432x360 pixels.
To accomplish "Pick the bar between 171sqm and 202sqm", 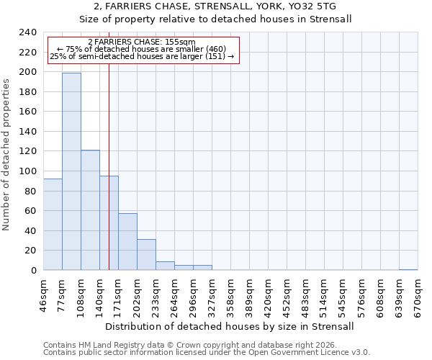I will tap(127, 242).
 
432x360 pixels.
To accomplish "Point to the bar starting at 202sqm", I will tap(146, 255).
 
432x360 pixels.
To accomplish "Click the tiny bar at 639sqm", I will tap(408, 269).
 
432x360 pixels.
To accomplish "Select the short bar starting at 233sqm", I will tap(165, 266).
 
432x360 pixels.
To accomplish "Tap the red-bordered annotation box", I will tap(143, 50).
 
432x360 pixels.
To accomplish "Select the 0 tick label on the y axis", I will tap(34, 271).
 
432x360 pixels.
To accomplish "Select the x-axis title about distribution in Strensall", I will tap(230, 327).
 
